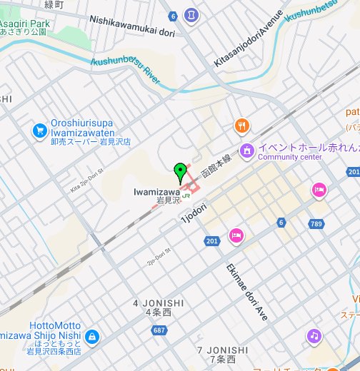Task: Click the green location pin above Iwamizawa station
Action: tap(181, 172)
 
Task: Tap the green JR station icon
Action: tap(186, 192)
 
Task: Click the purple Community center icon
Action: tap(247, 151)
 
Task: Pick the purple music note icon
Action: tap(314, 335)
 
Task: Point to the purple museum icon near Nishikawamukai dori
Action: tap(191, 14)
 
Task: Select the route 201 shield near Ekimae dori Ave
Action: tap(211, 242)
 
